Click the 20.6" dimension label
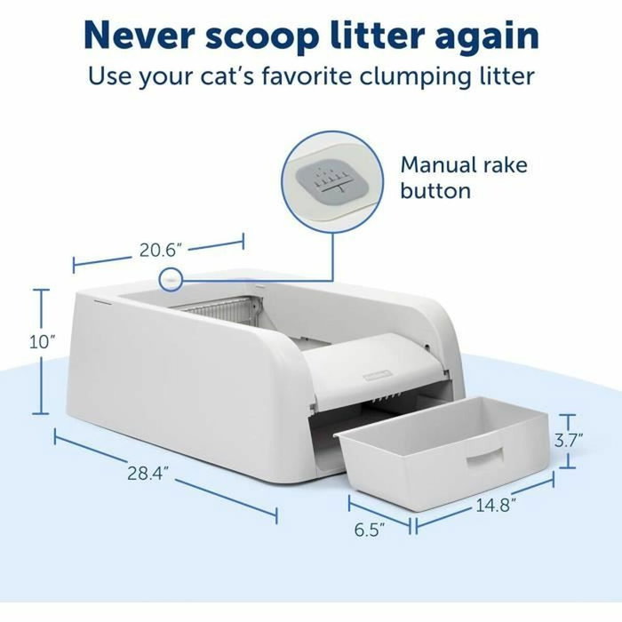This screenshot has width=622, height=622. pyautogui.click(x=163, y=250)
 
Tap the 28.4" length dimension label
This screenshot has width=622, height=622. pyautogui.click(x=146, y=472)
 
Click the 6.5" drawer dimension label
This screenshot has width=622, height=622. pyautogui.click(x=370, y=530)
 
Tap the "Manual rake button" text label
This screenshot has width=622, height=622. pyautogui.click(x=463, y=178)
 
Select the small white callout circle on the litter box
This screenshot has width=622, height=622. pyautogui.click(x=169, y=280)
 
